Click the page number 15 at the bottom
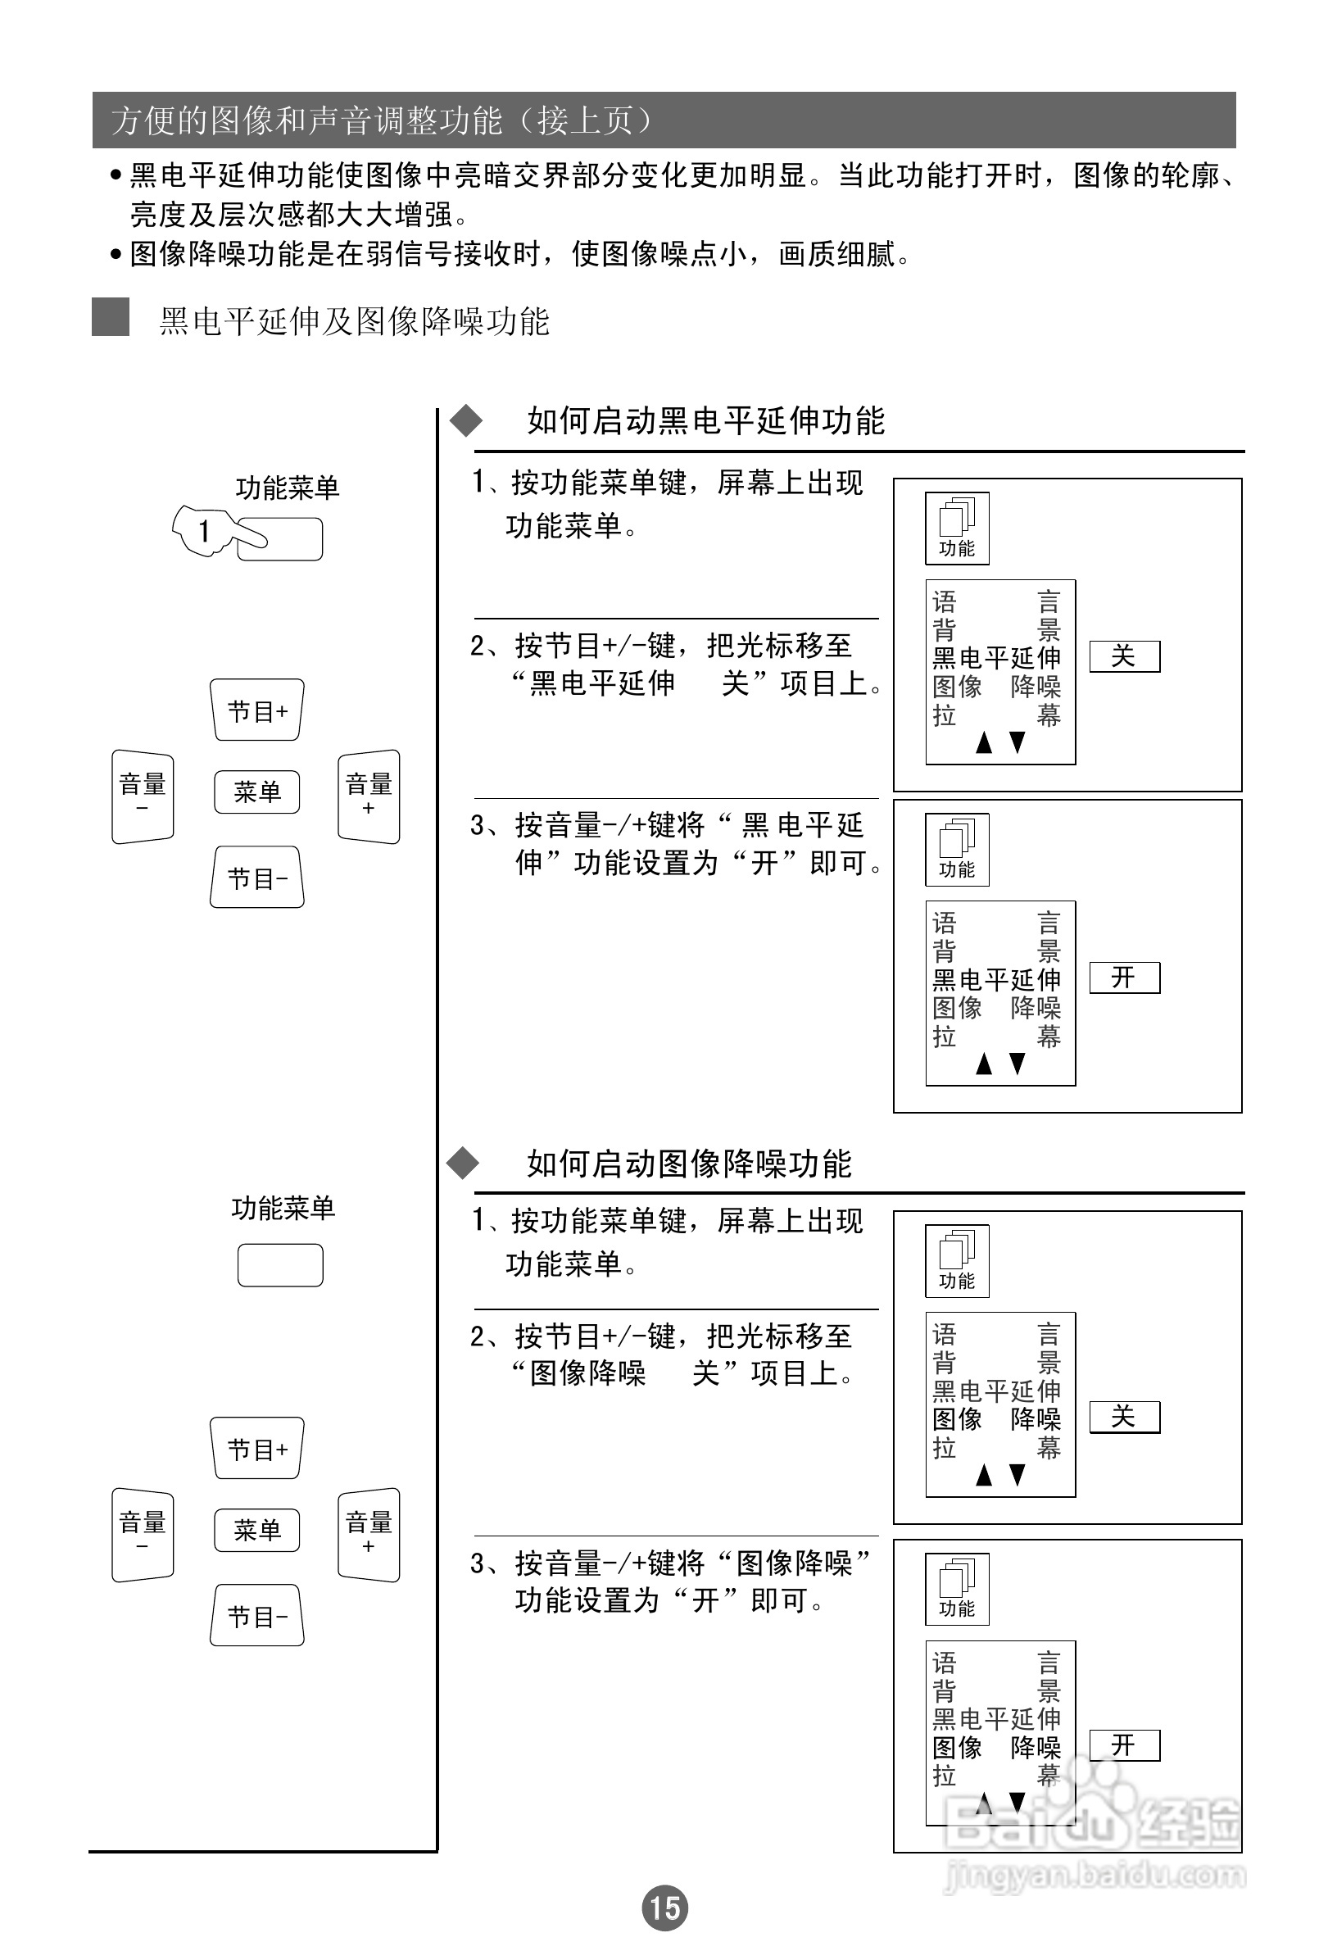tap(665, 1908)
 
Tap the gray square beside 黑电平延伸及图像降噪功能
tap(110, 317)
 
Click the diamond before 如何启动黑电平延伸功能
tap(466, 420)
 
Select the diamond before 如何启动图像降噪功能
tap(463, 1164)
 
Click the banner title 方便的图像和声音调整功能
tap(306, 121)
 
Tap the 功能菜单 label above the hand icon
tap(287, 488)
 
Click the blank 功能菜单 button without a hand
tap(280, 1265)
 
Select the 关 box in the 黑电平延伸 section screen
tap(1124, 656)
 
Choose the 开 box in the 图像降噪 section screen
tap(1124, 1745)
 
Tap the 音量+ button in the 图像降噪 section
tap(369, 1535)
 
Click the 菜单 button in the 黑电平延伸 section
tap(257, 792)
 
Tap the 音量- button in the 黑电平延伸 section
tap(143, 796)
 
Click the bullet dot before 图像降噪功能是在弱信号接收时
tap(116, 253)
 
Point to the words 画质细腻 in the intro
tap(837, 253)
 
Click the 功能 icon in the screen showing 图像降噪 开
tap(957, 1589)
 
